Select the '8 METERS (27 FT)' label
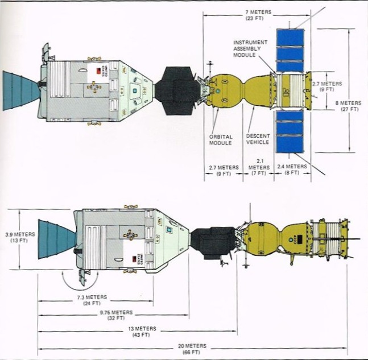pyautogui.click(x=349, y=105)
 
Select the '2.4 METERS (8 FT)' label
pyautogui.click(x=292, y=169)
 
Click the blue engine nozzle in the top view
pyautogui.click(x=20, y=91)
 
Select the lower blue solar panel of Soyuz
pyautogui.click(x=290, y=131)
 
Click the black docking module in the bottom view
pyautogui.click(x=212, y=243)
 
